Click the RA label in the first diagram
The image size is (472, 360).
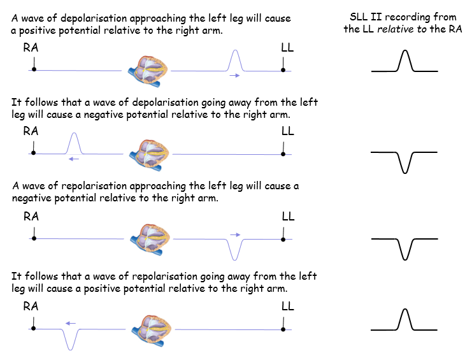[x=31, y=48]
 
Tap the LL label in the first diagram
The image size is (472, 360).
[x=288, y=48]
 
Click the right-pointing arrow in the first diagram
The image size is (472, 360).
[x=235, y=75]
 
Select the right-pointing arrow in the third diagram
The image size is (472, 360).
[x=235, y=234]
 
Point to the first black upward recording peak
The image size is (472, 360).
[x=404, y=61]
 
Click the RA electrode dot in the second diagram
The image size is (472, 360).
[x=34, y=154]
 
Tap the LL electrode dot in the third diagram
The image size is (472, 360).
[x=283, y=238]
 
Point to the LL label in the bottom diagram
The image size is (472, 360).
[x=288, y=306]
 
